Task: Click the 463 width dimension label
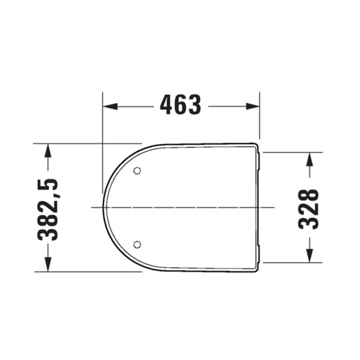pyautogui.click(x=180, y=106)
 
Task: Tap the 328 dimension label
pyautogui.click(x=309, y=208)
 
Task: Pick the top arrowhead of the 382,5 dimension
pyautogui.click(x=48, y=148)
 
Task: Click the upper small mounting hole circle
pyautogui.click(x=138, y=171)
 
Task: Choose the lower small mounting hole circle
pyautogui.click(x=138, y=243)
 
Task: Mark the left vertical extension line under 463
pyautogui.click(x=102, y=122)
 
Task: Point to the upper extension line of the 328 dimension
pyautogui.click(x=288, y=153)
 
